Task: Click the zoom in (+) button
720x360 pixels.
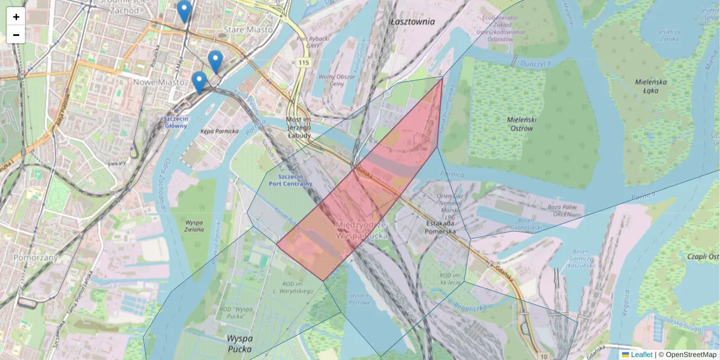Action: pos(16,17)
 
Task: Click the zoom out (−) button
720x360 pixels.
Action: pos(16,35)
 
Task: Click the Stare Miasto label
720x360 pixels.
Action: pos(247,29)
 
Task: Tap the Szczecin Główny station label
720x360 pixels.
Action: pos(176,122)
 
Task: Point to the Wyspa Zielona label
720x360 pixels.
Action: pos(195,225)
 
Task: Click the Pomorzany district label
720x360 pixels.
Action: pos(35,257)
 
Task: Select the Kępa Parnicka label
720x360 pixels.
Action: pos(220,131)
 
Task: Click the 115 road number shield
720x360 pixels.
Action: pos(302,63)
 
